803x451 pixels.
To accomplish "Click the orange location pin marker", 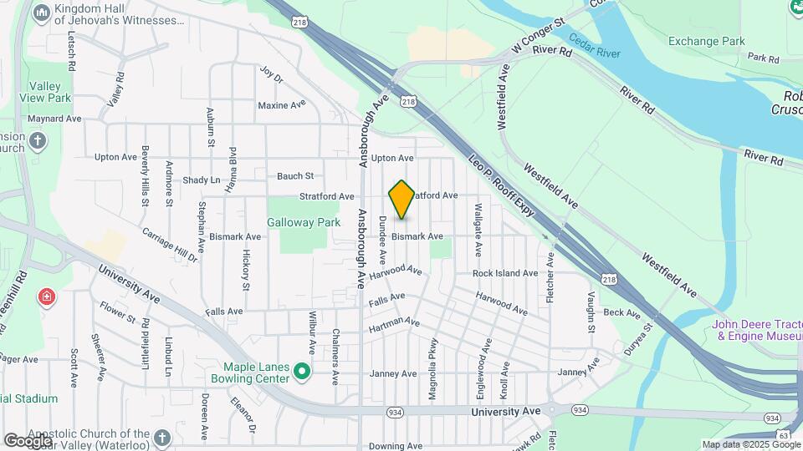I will click(x=401, y=200).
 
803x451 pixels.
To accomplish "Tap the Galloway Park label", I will click(x=304, y=223).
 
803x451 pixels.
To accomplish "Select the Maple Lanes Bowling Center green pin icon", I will click(x=303, y=372).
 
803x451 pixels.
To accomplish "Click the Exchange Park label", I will click(x=705, y=41).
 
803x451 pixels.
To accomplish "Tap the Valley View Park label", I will click(x=48, y=92).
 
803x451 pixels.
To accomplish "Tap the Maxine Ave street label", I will click(x=282, y=105).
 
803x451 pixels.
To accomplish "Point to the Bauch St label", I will click(x=295, y=176).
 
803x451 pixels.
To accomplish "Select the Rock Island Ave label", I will click(x=504, y=273).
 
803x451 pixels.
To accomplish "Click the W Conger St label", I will click(x=539, y=32).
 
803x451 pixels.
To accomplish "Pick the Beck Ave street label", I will click(x=621, y=312).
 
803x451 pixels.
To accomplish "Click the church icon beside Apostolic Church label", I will click(x=162, y=437).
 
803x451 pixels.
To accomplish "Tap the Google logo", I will click(x=27, y=440).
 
